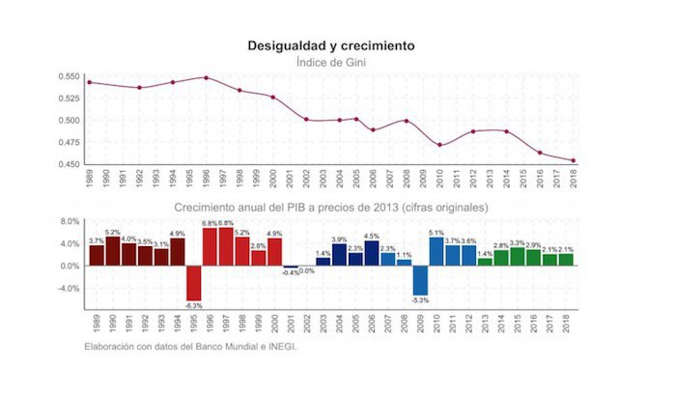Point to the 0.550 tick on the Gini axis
point(67,76)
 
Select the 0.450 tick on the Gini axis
point(67,164)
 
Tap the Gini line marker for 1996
point(207,77)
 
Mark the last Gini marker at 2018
point(573,160)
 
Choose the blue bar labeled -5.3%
point(420,280)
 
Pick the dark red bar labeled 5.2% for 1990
point(113,251)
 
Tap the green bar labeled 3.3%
point(518,256)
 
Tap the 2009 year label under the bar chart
point(420,321)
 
